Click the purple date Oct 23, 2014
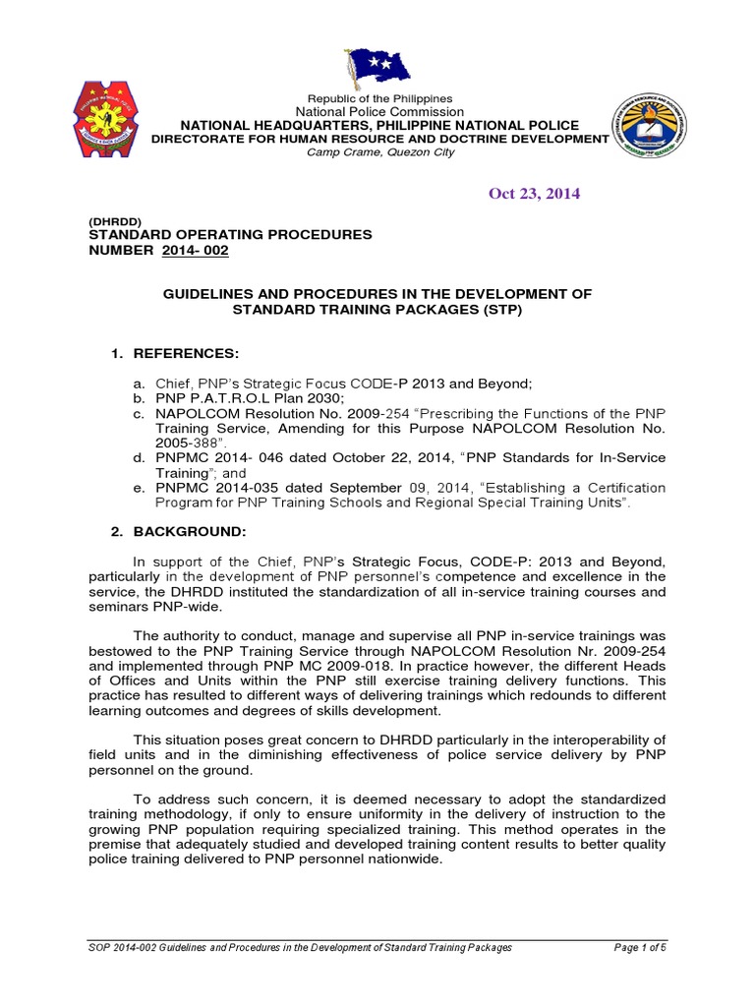(534, 193)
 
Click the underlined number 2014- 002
(195, 251)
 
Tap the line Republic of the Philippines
(379, 98)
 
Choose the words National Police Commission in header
(379, 112)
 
